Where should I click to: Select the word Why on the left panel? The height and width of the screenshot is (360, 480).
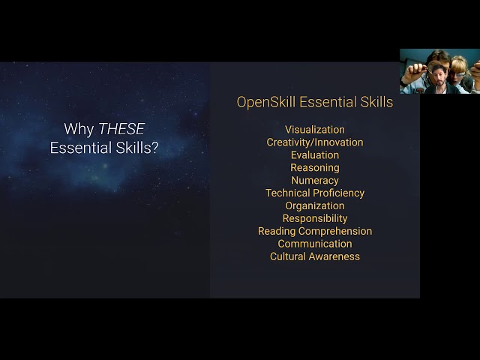[x=79, y=129]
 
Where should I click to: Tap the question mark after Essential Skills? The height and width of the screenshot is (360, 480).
[x=154, y=148]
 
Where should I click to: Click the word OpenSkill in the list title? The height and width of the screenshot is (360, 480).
[x=266, y=102]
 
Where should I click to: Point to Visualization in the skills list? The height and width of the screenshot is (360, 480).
[x=315, y=130]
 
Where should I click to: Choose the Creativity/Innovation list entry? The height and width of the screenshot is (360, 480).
[x=315, y=142]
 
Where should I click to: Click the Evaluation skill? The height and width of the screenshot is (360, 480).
[x=315, y=155]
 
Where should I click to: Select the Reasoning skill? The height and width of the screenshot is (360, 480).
[x=315, y=168]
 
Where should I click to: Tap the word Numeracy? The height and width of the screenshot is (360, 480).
[x=315, y=181]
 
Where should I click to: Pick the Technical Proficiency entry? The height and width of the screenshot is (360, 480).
[x=315, y=193]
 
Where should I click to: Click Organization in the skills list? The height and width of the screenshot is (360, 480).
[x=315, y=205]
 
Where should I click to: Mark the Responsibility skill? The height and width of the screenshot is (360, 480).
[x=315, y=218]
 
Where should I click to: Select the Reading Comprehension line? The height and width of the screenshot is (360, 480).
[x=315, y=231]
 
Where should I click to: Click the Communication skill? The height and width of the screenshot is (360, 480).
[x=315, y=244]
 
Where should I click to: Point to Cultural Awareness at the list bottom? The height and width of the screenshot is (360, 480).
[x=315, y=256]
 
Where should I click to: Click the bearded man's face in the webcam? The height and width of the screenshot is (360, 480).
[x=439, y=79]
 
